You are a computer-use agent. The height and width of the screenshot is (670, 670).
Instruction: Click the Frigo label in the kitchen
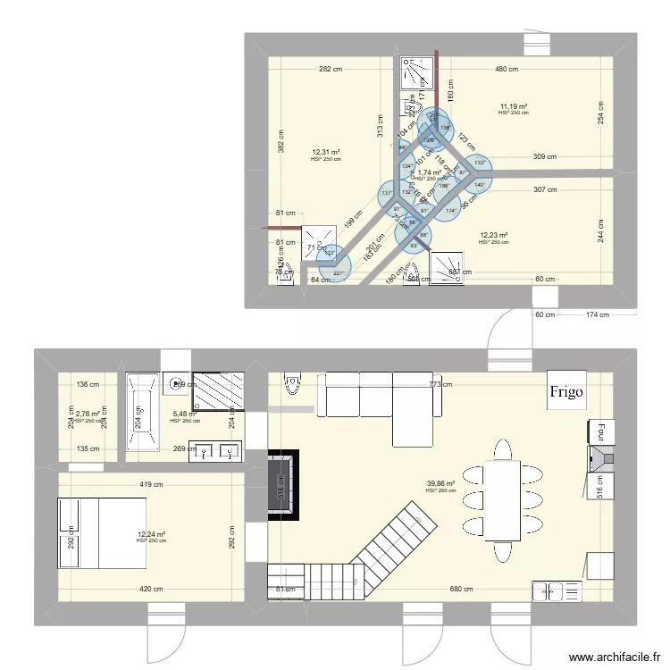click(x=566, y=390)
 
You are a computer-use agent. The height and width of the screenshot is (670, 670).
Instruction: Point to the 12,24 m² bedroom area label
click(x=151, y=534)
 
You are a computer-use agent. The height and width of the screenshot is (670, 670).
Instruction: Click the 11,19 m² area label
click(x=514, y=106)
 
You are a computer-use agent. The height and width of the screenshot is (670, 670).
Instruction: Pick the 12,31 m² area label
click(x=326, y=153)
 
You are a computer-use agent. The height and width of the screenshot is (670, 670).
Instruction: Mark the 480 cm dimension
click(x=507, y=69)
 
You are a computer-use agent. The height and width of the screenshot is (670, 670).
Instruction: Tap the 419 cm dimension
click(x=151, y=485)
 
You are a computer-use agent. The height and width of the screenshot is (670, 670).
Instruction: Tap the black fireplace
click(x=282, y=483)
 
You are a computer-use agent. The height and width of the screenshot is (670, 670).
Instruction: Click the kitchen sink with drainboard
click(x=556, y=590)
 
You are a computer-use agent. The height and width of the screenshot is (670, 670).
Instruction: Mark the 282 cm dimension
click(x=331, y=69)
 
